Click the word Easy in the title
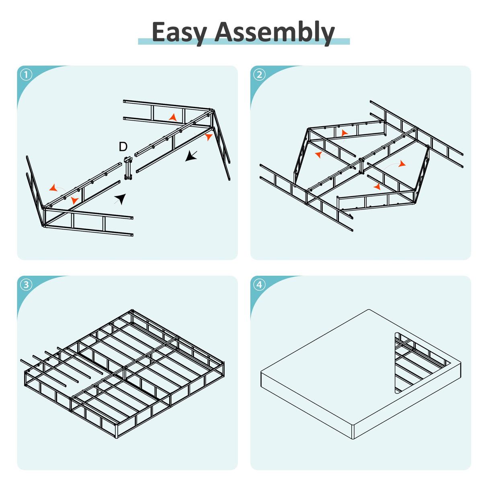click(x=179, y=33)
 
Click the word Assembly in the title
click(x=274, y=33)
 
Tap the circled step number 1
click(x=27, y=75)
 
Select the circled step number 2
click(x=259, y=75)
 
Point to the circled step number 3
click(x=27, y=285)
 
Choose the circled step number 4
click(x=259, y=285)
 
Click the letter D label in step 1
click(x=123, y=147)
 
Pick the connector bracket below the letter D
click(x=128, y=168)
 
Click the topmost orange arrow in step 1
click(x=173, y=117)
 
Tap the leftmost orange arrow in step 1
click(x=53, y=188)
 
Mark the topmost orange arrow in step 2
click(x=344, y=133)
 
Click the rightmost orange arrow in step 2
click(x=402, y=164)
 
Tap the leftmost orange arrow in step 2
click(x=318, y=154)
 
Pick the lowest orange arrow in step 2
click(x=377, y=187)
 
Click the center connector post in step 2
click(x=362, y=166)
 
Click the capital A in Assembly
click(x=227, y=32)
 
